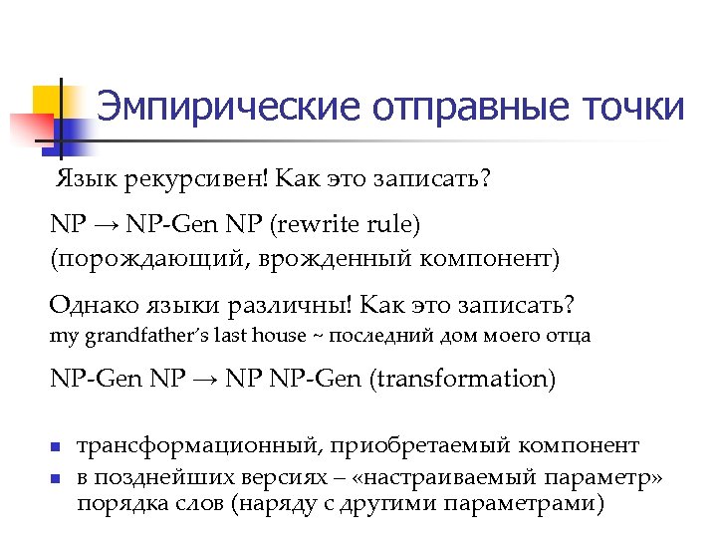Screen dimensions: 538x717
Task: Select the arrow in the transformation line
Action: [x=205, y=379]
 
